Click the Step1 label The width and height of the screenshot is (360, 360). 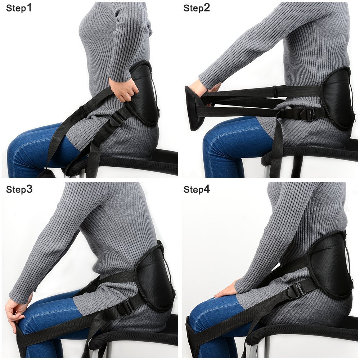coord(19,8)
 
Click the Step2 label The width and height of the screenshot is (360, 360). coord(197,8)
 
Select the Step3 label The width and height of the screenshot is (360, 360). coord(19,189)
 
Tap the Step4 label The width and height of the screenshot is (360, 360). coord(197,189)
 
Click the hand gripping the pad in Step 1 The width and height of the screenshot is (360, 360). coord(124,90)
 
